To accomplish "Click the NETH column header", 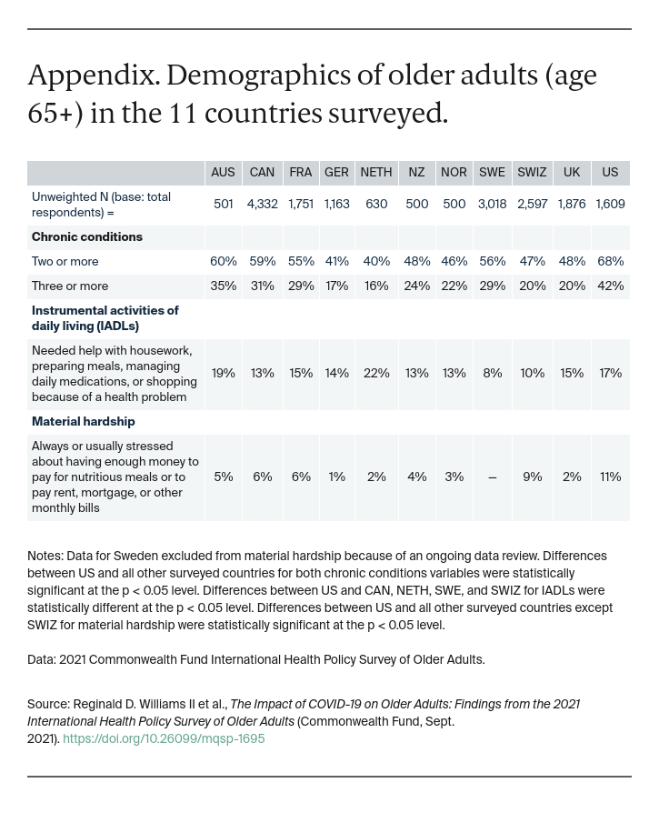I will [376, 173].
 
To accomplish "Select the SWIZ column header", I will [532, 173].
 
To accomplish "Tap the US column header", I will [610, 173].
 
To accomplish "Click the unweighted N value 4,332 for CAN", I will [262, 205].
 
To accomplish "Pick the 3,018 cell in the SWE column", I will [492, 205].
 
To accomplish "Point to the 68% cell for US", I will [610, 262].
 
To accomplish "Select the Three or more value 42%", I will [610, 286].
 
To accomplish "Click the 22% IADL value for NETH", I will [376, 374].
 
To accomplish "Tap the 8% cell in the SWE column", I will [492, 374].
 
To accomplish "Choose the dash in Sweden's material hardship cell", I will [492, 477].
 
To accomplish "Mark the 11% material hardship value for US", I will [610, 477].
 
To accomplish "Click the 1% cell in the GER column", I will [336, 477].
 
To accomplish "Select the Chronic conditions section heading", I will [87, 237].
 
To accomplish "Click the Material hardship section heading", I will [83, 422].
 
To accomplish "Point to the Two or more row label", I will [65, 262].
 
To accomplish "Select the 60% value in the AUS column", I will [223, 262].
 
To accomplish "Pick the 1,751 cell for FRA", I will [301, 205].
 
